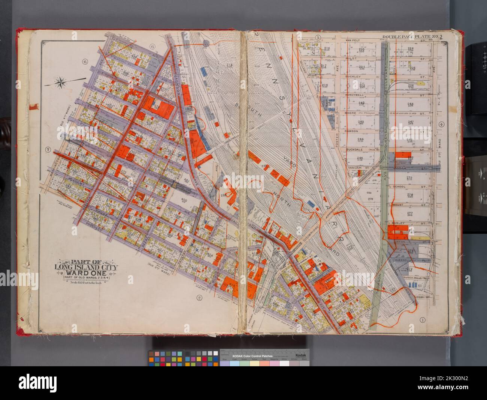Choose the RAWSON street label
tap(353, 131)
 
